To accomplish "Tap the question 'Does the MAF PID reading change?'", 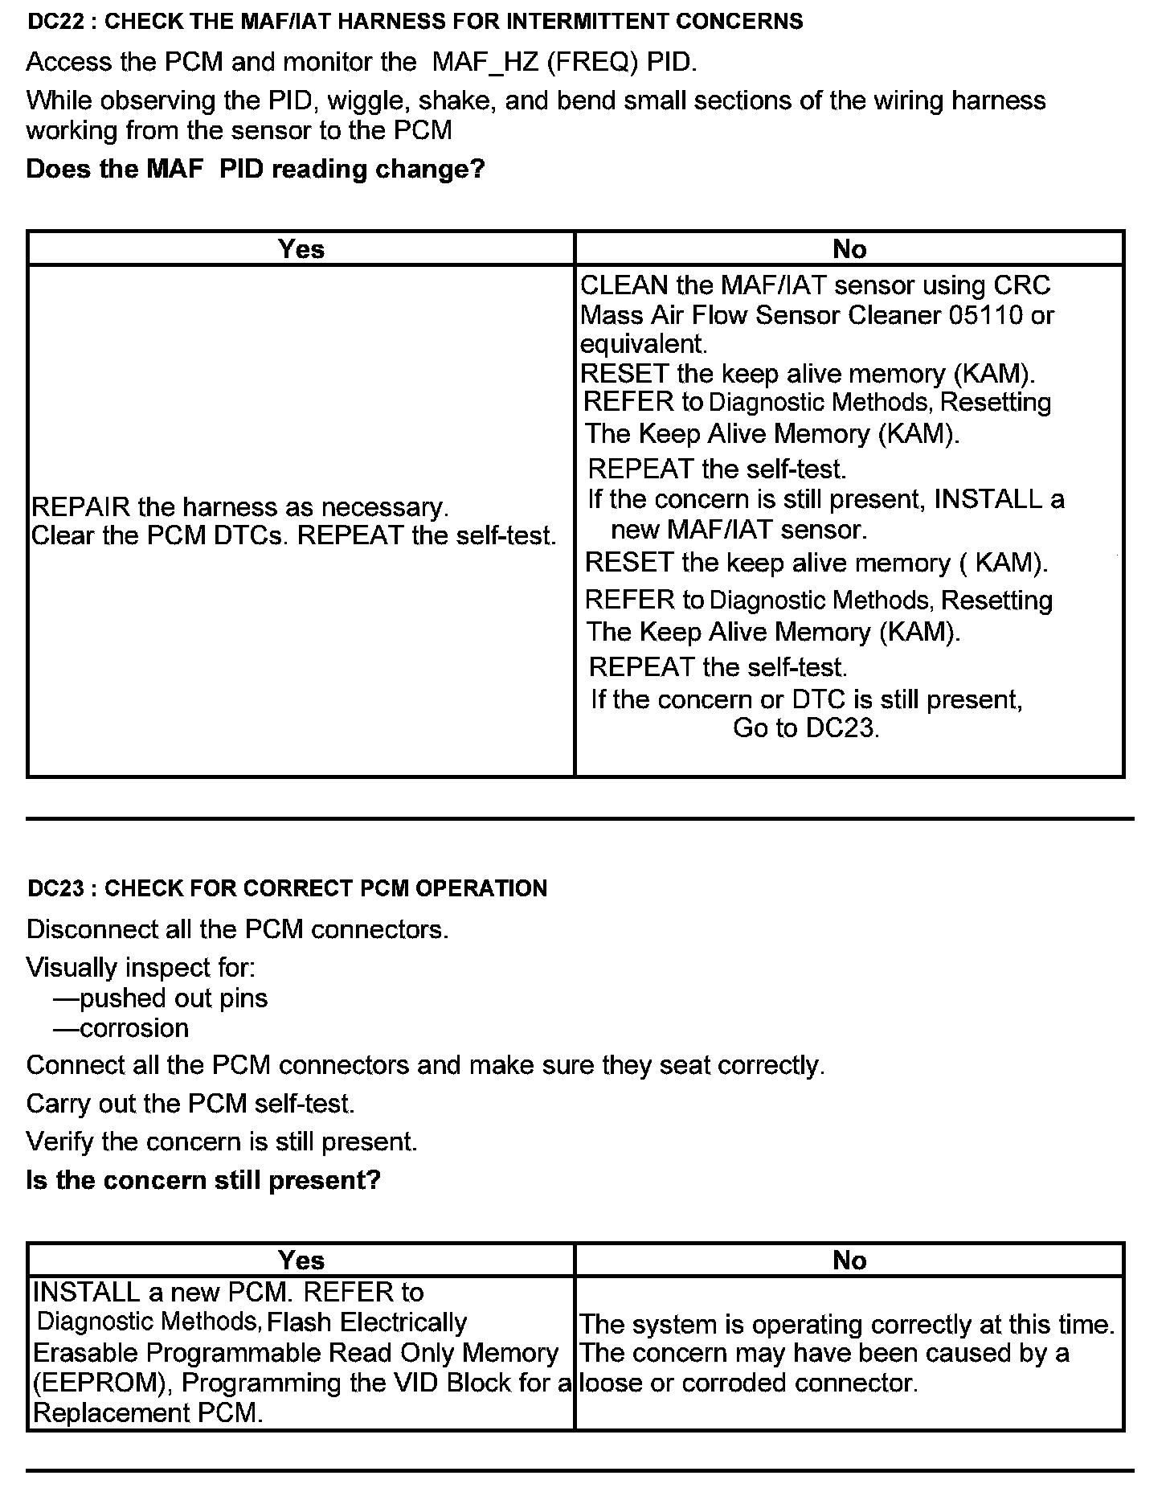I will pos(256,170).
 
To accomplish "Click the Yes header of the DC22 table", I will pos(301,249).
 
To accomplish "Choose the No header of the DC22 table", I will pos(849,249).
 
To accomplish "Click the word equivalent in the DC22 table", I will pos(643,345).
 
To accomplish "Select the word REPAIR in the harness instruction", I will pos(80,507).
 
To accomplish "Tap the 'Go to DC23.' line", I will pos(806,728).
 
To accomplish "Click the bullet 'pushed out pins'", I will pos(174,998).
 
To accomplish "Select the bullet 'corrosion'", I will pos(134,1028).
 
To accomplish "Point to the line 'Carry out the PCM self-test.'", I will pos(190,1103).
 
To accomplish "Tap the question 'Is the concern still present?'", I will pos(203,1180).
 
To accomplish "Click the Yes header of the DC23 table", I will pos(301,1260).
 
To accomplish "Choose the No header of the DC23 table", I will pos(849,1260).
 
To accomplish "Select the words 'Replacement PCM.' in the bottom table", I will pos(149,1413).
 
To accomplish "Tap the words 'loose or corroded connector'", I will pos(747,1383).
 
